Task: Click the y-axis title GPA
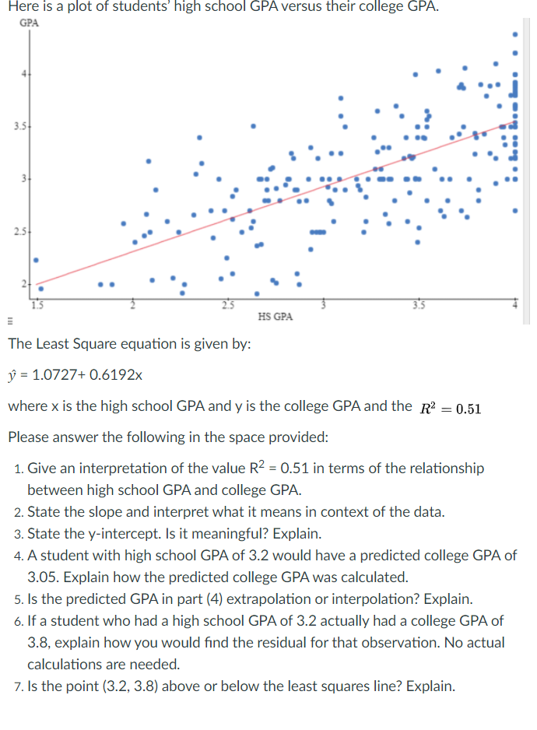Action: pos(28,23)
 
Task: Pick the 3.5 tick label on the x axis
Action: pos(419,304)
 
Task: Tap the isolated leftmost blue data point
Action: pos(35,260)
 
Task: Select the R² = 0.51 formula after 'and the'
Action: pos(447,406)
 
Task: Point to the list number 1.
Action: pos(18,469)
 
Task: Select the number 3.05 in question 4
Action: pos(44,577)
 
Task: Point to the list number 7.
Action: pos(18,686)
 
